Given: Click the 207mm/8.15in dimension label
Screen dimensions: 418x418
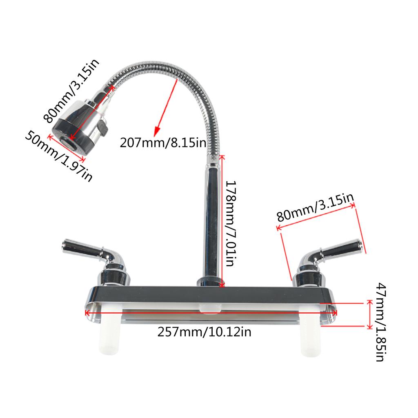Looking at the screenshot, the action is point(163,143).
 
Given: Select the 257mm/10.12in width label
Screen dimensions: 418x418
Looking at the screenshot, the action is point(204,332).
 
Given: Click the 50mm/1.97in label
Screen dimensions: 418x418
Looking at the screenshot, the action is point(59,156).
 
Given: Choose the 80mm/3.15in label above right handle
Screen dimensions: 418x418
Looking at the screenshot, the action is point(316,207).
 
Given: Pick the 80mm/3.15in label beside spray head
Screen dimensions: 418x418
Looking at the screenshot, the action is point(71,91).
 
